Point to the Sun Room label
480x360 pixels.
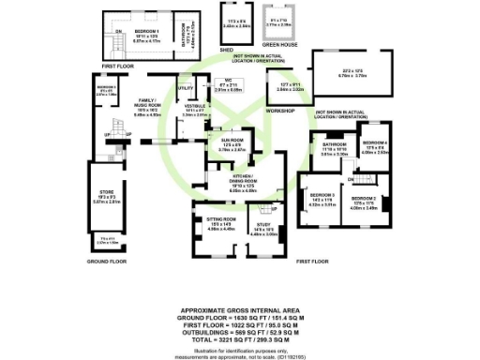click(221, 141)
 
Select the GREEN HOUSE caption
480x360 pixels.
click(277, 42)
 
